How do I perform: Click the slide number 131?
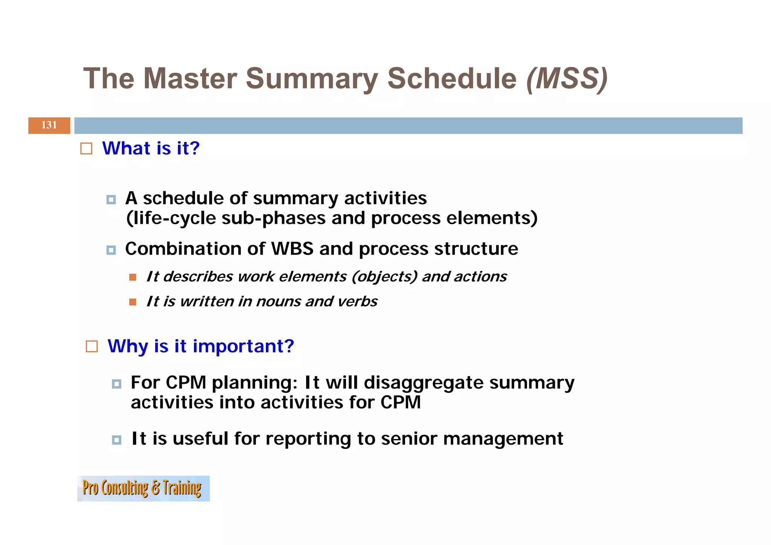[49, 125]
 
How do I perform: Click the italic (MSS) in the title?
[567, 79]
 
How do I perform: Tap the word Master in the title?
[190, 79]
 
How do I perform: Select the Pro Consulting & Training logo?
[143, 488]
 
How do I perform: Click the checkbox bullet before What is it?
[86, 148]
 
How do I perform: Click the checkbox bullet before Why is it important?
[92, 346]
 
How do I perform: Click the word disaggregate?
[424, 383]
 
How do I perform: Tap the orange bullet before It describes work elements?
[133, 277]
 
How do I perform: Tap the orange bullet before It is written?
[133, 302]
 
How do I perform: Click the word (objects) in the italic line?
[384, 277]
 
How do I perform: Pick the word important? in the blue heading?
[243, 346]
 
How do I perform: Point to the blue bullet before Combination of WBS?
[111, 250]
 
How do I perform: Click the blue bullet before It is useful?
[117, 440]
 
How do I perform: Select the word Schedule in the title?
[452, 79]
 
